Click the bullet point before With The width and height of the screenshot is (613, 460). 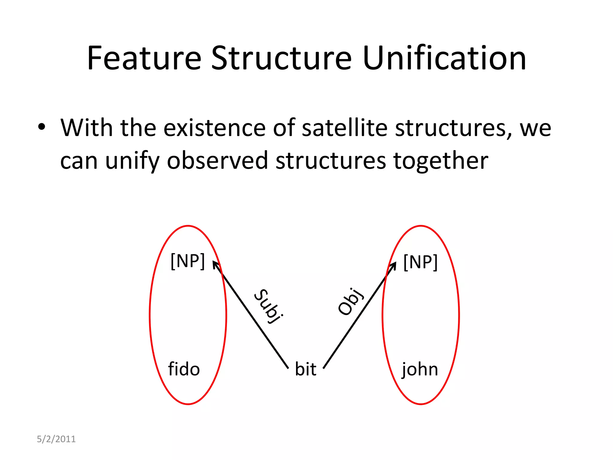[x=42, y=127]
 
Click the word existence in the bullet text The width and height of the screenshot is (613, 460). [x=214, y=128]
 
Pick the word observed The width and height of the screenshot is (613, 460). [x=217, y=161]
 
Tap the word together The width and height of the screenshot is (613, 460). [x=441, y=161]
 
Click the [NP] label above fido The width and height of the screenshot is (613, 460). [x=188, y=261]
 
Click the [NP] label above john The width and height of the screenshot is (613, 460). [x=421, y=262]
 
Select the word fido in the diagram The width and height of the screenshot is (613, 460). [x=184, y=369]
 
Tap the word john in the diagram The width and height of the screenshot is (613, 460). [x=420, y=370]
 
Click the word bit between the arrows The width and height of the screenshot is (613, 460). [x=306, y=369]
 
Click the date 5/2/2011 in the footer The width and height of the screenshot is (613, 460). [x=56, y=439]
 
